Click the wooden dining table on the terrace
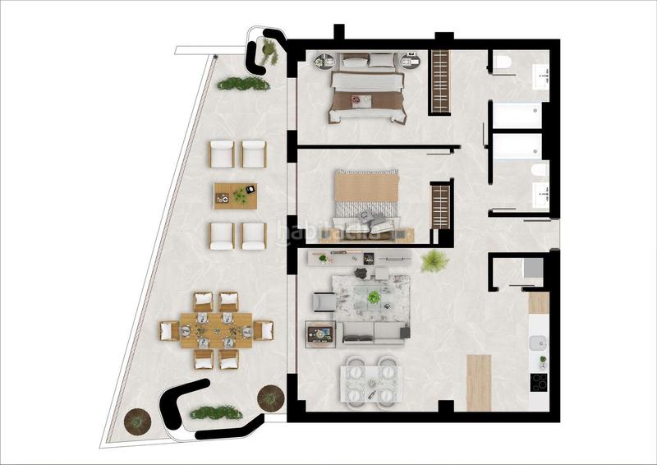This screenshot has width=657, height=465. pyautogui.click(x=217, y=330)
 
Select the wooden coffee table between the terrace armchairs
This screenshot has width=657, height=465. pyautogui.click(x=235, y=196)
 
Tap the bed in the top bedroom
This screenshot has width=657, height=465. pyautogui.click(x=367, y=94)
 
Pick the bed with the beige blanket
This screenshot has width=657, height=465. pyautogui.click(x=366, y=197)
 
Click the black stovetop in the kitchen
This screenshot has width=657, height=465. pyautogui.click(x=539, y=382)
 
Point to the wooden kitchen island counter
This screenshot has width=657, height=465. pyautogui.click(x=477, y=382)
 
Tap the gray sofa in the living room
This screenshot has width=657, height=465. pyautogui.click(x=374, y=331)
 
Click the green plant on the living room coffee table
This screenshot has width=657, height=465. pyautogui.click(x=374, y=297)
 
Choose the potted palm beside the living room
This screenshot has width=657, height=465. pyautogui.click(x=433, y=261)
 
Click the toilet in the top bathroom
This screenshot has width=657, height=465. pyautogui.click(x=503, y=62)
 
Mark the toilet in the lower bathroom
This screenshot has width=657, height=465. pyautogui.click(x=538, y=171)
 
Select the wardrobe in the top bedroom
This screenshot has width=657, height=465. pyautogui.click(x=440, y=82)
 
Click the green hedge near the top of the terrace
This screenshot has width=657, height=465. pyautogui.click(x=243, y=83)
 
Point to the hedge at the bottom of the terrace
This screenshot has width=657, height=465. pyautogui.click(x=217, y=412)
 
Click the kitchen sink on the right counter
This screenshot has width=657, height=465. pyautogui.click(x=538, y=346)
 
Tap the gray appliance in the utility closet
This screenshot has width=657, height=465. pyautogui.click(x=532, y=269)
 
